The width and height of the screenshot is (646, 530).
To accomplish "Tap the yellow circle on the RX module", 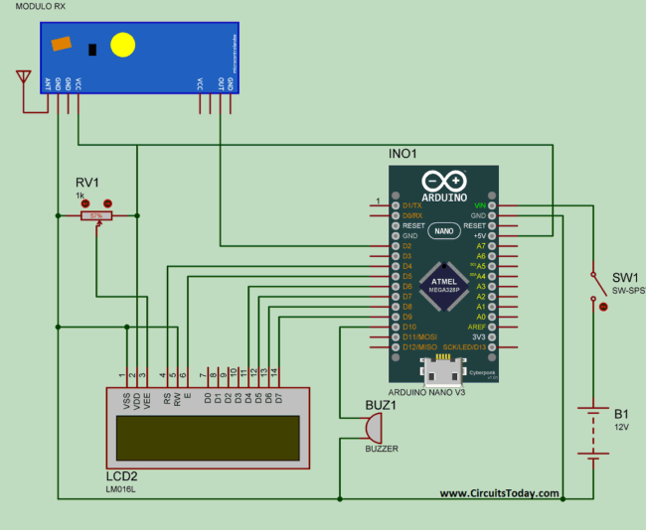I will [x=122, y=45].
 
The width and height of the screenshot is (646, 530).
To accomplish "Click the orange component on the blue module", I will [x=62, y=44].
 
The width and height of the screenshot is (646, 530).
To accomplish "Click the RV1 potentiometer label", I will [x=87, y=183].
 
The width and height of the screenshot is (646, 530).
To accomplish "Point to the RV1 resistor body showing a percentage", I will [x=96, y=215].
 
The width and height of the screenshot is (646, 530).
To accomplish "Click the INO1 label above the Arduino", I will [x=404, y=154].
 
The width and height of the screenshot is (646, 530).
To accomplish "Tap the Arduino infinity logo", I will [x=443, y=181].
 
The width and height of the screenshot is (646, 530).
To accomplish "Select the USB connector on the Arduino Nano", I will [x=443, y=374].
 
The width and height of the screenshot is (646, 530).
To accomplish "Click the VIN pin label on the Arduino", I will [x=480, y=205].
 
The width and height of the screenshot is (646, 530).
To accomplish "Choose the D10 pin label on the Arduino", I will [x=407, y=327].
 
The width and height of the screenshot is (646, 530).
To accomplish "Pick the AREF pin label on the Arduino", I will [x=477, y=327].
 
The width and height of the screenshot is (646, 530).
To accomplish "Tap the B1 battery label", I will [x=621, y=414].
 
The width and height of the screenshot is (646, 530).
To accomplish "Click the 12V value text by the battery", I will [x=621, y=427].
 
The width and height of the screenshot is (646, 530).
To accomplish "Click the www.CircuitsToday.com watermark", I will [x=499, y=493].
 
